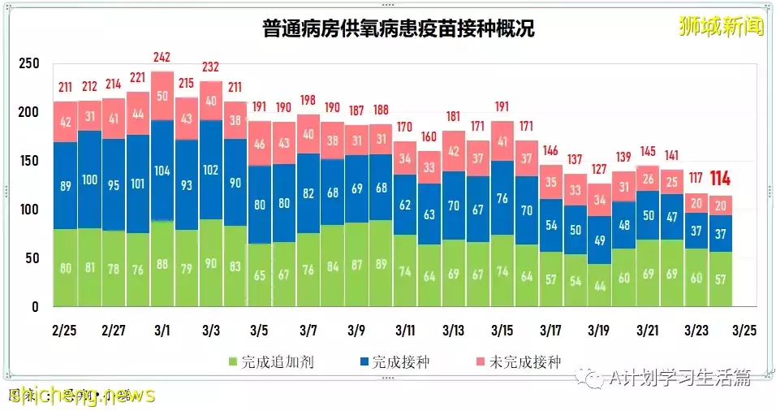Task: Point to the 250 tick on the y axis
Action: click(29, 63)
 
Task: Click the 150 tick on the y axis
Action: click(29, 161)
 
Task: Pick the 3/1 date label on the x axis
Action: click(162, 331)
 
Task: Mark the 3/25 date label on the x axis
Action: click(746, 331)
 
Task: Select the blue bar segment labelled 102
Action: click(211, 170)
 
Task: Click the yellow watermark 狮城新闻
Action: click(722, 26)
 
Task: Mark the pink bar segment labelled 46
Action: click(260, 144)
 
